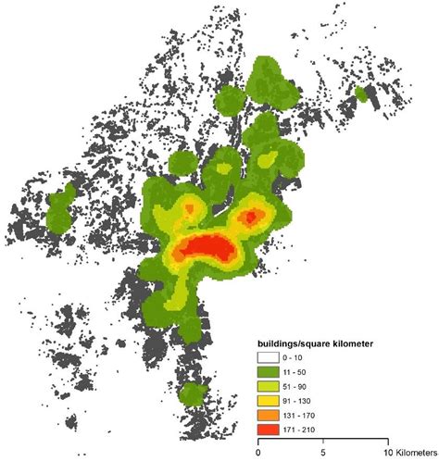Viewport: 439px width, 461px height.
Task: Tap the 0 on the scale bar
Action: (257, 455)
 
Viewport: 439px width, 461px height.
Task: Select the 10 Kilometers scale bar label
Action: (404, 455)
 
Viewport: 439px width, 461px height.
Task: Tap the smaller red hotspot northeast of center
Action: (250, 218)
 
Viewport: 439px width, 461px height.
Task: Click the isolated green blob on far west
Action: (60, 209)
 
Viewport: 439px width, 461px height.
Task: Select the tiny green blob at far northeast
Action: (360, 94)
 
